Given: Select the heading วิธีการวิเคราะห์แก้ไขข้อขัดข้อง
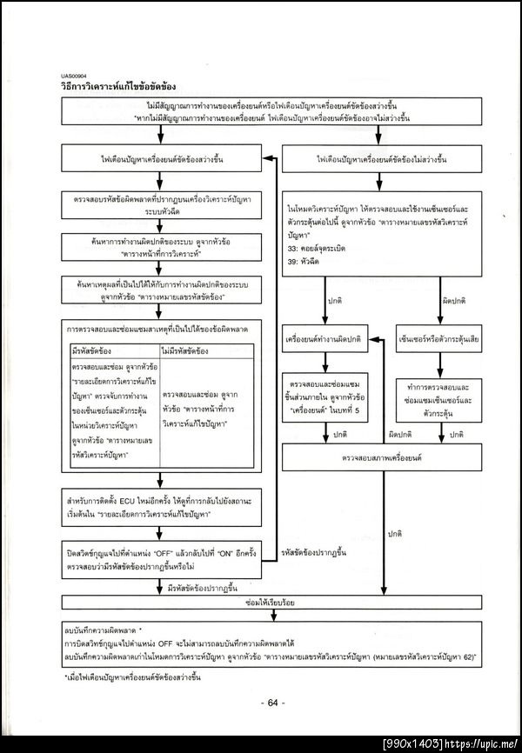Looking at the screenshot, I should [x=119, y=88].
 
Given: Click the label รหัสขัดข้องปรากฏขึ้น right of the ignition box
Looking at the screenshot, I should [x=314, y=552].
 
